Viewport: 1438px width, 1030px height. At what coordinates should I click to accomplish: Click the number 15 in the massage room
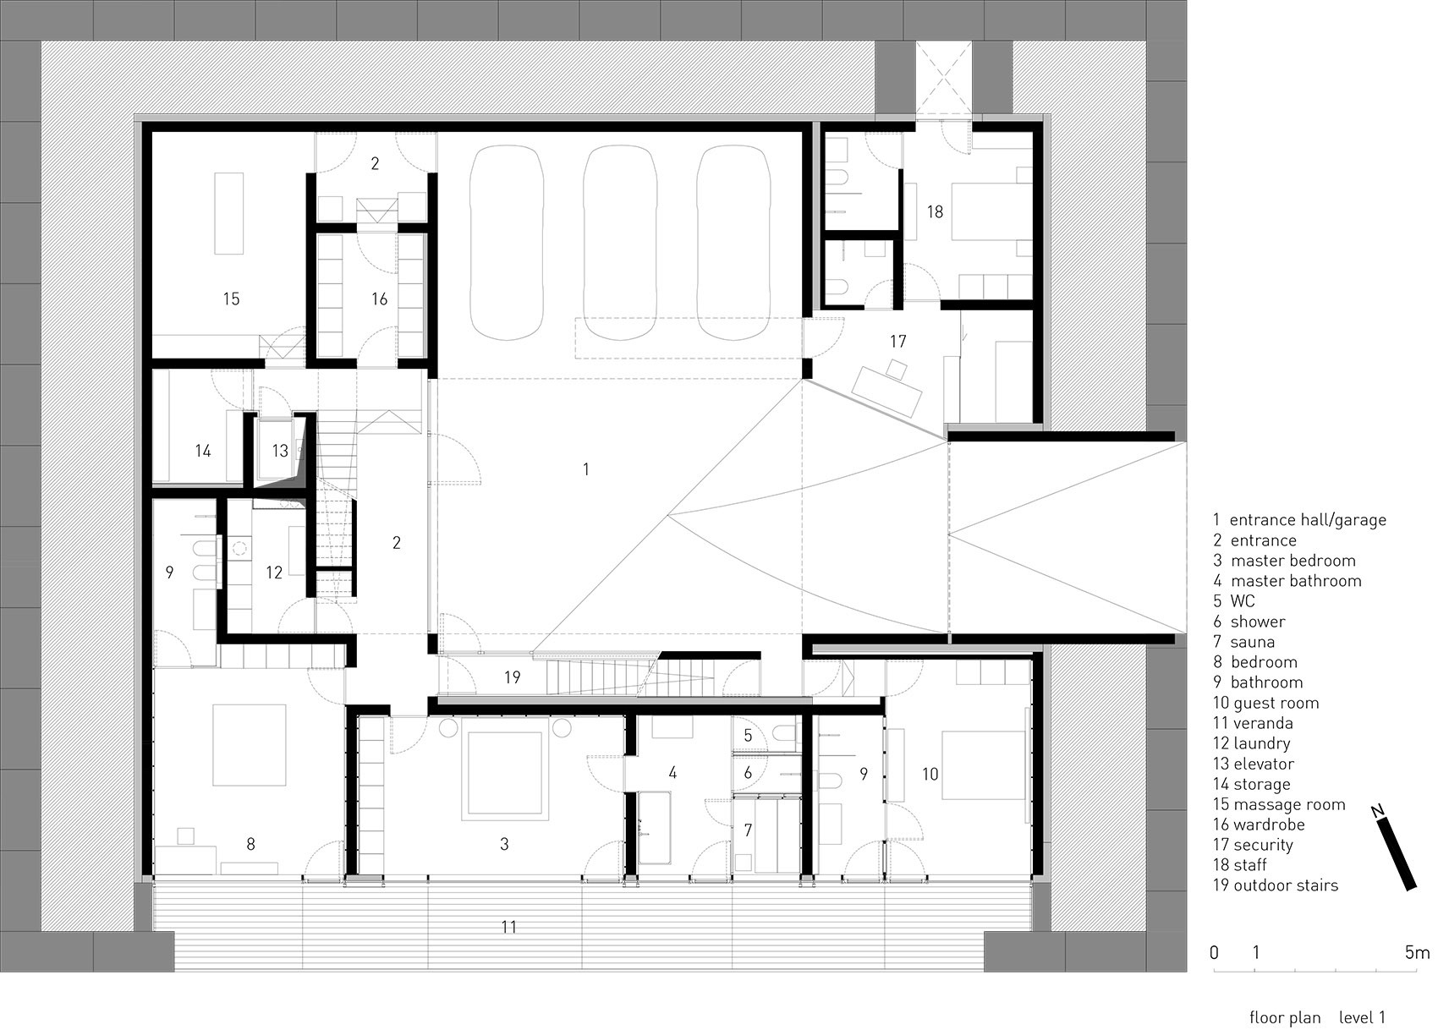click(x=231, y=299)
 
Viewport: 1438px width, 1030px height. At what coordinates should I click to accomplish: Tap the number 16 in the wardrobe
click(x=379, y=299)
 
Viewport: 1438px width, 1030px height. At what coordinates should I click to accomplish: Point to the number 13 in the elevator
click(x=280, y=451)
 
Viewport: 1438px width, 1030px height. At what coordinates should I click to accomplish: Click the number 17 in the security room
click(x=897, y=341)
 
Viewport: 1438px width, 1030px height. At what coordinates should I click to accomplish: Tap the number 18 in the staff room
click(x=934, y=211)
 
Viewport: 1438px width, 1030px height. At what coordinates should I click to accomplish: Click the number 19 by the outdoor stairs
click(x=512, y=677)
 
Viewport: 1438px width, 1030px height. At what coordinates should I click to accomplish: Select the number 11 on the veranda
click(x=508, y=927)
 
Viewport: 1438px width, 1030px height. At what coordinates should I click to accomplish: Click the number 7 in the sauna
click(x=748, y=830)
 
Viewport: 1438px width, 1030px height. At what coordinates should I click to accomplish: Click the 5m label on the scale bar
click(x=1417, y=952)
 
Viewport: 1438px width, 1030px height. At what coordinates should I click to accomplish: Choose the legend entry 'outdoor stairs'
click(x=1285, y=885)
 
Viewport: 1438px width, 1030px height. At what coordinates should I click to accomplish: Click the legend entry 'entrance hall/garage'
click(x=1307, y=520)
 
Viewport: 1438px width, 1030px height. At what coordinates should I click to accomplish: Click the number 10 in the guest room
click(x=930, y=774)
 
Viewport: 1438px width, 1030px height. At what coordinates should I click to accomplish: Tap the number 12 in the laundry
click(x=273, y=573)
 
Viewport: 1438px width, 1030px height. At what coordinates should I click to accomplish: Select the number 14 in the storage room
click(x=203, y=451)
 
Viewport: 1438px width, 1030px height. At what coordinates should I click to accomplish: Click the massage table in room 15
click(x=228, y=213)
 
